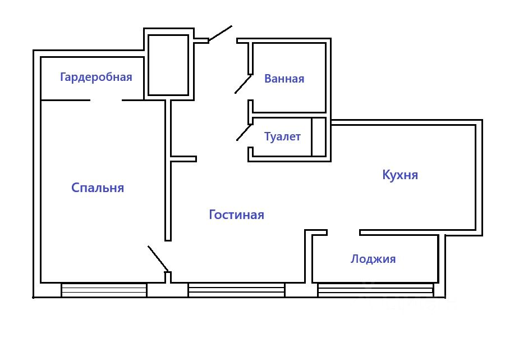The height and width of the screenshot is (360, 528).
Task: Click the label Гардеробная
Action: pyautogui.click(x=96, y=77)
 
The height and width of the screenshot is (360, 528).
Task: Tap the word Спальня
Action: pyautogui.click(x=98, y=188)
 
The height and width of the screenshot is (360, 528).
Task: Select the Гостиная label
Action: pyautogui.click(x=236, y=215)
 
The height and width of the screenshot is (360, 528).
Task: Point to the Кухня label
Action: pyautogui.click(x=400, y=175)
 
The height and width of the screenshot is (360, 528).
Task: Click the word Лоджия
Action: pyautogui.click(x=373, y=259)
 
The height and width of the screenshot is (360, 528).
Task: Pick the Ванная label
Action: pyautogui.click(x=284, y=79)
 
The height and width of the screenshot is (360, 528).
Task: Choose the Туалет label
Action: pyautogui.click(x=283, y=136)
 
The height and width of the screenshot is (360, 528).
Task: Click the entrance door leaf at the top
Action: pyautogui.click(x=220, y=33)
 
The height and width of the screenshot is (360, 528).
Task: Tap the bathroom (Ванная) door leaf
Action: pyautogui.click(x=243, y=84)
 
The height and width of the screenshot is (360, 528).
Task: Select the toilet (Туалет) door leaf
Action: pyautogui.click(x=244, y=133)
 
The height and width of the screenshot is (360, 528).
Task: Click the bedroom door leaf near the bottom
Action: pyautogui.click(x=158, y=258)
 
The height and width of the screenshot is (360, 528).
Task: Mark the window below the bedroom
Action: pyautogui.click(x=104, y=290)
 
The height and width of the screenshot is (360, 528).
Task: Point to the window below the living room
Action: pyautogui.click(x=236, y=290)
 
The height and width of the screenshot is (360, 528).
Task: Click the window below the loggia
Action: pyautogui.click(x=375, y=290)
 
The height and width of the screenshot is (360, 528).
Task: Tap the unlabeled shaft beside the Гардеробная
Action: pyautogui.click(x=168, y=65)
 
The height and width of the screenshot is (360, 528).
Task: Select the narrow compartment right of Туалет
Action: pyautogui.click(x=319, y=136)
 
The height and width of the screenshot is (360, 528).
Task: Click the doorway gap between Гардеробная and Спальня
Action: pyautogui.click(x=105, y=101)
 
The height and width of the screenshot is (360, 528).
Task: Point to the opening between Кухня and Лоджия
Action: pyautogui.click(x=343, y=232)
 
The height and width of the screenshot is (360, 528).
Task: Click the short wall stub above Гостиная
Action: pyautogui.click(x=183, y=159)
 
